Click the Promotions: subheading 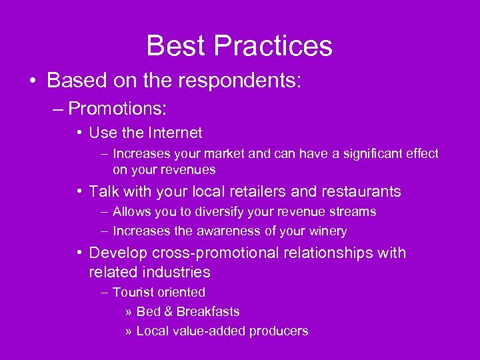pos(117,108)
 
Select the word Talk pos(103,192)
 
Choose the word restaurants pos(361,192)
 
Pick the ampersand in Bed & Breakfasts pos(167,311)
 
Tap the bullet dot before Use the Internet pos(79,133)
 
